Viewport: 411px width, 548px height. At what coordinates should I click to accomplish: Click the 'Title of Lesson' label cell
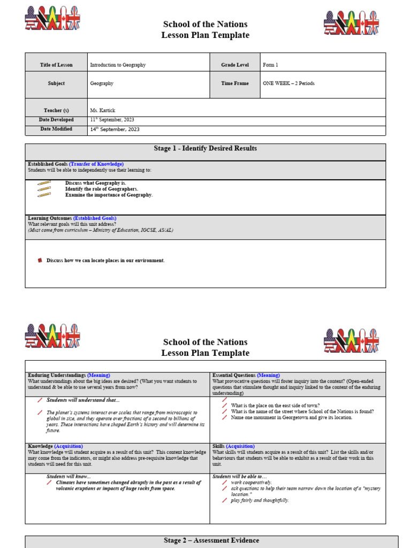point(56,65)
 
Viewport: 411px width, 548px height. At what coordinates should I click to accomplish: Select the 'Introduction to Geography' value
point(118,65)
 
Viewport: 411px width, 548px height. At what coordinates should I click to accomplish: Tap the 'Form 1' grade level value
point(270,65)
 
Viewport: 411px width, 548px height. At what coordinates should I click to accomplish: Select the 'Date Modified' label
point(56,129)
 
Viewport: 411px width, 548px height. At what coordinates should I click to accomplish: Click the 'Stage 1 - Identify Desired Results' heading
point(205,148)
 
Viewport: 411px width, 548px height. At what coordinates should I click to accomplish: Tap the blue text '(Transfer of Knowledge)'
point(96,164)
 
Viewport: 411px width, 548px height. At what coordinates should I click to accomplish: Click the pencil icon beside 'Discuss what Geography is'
point(44,183)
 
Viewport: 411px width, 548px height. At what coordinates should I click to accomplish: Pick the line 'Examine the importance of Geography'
point(109,195)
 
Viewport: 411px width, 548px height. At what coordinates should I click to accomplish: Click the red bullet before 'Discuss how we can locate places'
point(40,261)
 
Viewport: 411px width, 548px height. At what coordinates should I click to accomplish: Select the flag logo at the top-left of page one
point(52,18)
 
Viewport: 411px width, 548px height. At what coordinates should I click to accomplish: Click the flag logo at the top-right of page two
point(351,340)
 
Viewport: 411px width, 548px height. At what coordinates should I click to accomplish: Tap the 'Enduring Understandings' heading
point(56,375)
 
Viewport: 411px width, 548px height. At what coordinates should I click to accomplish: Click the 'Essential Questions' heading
point(234,375)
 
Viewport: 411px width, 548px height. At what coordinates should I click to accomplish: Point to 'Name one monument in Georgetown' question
point(292,417)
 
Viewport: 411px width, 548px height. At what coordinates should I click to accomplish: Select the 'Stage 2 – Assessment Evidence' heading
point(211,541)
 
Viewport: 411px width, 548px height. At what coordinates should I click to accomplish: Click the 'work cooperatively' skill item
point(251,482)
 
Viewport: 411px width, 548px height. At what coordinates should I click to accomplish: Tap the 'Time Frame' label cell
point(234,83)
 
